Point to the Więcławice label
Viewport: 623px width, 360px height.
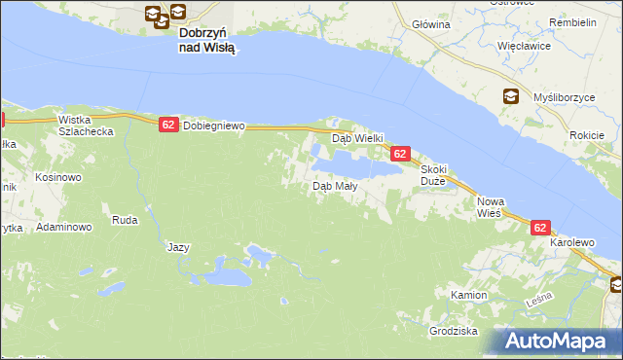pyautogui.click(x=525, y=46)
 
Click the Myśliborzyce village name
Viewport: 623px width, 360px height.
pyautogui.click(x=564, y=98)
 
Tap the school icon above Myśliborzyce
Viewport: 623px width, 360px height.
pyautogui.click(x=511, y=95)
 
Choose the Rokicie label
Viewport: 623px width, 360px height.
pyautogui.click(x=589, y=135)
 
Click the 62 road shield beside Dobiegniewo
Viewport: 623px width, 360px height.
pyautogui.click(x=168, y=125)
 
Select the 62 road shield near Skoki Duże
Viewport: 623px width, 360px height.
pyautogui.click(x=400, y=154)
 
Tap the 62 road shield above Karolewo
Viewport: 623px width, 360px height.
pyautogui.click(x=542, y=227)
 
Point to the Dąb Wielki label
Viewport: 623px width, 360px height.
pyautogui.click(x=359, y=138)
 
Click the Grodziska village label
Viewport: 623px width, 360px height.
pyautogui.click(x=453, y=332)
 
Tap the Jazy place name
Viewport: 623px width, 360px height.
pyautogui.click(x=178, y=247)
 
